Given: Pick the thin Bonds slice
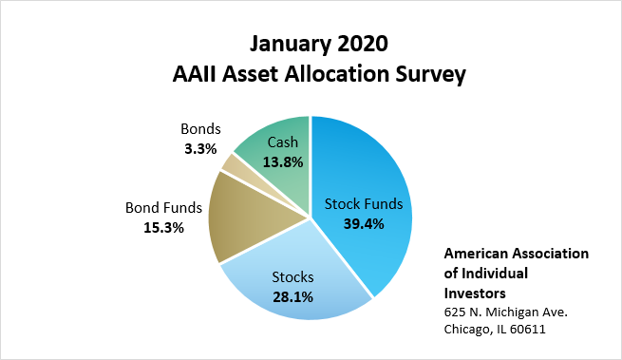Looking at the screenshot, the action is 238,167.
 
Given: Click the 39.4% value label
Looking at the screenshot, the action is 364,224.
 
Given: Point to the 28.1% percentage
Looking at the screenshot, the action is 292,297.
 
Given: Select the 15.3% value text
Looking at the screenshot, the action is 163,228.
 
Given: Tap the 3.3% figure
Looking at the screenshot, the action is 200,149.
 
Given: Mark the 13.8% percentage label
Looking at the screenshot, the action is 283,161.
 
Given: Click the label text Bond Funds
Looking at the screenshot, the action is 163,208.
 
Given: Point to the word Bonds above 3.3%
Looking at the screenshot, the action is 200,129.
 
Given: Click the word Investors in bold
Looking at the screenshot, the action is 475,294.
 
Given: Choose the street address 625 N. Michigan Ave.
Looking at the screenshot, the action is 506,312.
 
